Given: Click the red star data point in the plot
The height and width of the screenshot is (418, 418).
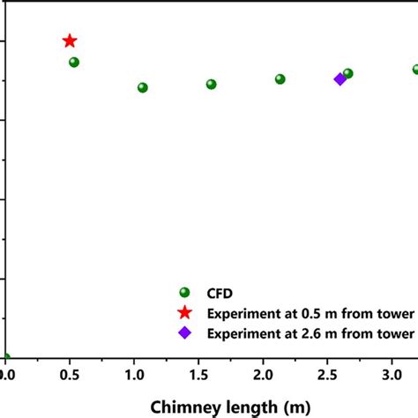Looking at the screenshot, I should (x=70, y=41).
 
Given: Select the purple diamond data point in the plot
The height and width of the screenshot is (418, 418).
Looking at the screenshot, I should (x=340, y=79).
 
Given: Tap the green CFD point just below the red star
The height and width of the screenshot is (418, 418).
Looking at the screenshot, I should (x=74, y=62).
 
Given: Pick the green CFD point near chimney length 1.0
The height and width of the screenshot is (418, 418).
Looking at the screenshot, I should (x=143, y=87).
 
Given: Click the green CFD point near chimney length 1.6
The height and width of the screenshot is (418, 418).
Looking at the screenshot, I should (x=212, y=85).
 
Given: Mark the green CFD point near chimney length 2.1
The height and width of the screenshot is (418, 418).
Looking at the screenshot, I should (x=280, y=78).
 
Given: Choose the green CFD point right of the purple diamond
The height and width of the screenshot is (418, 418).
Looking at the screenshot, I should (x=348, y=73).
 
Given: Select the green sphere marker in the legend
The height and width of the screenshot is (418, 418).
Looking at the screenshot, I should (x=184, y=293).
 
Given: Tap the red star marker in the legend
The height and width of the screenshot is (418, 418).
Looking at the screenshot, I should (x=184, y=313).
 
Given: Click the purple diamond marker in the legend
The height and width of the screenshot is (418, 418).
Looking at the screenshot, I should (x=184, y=333).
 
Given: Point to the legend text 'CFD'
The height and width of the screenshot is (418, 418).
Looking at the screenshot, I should (x=220, y=293).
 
